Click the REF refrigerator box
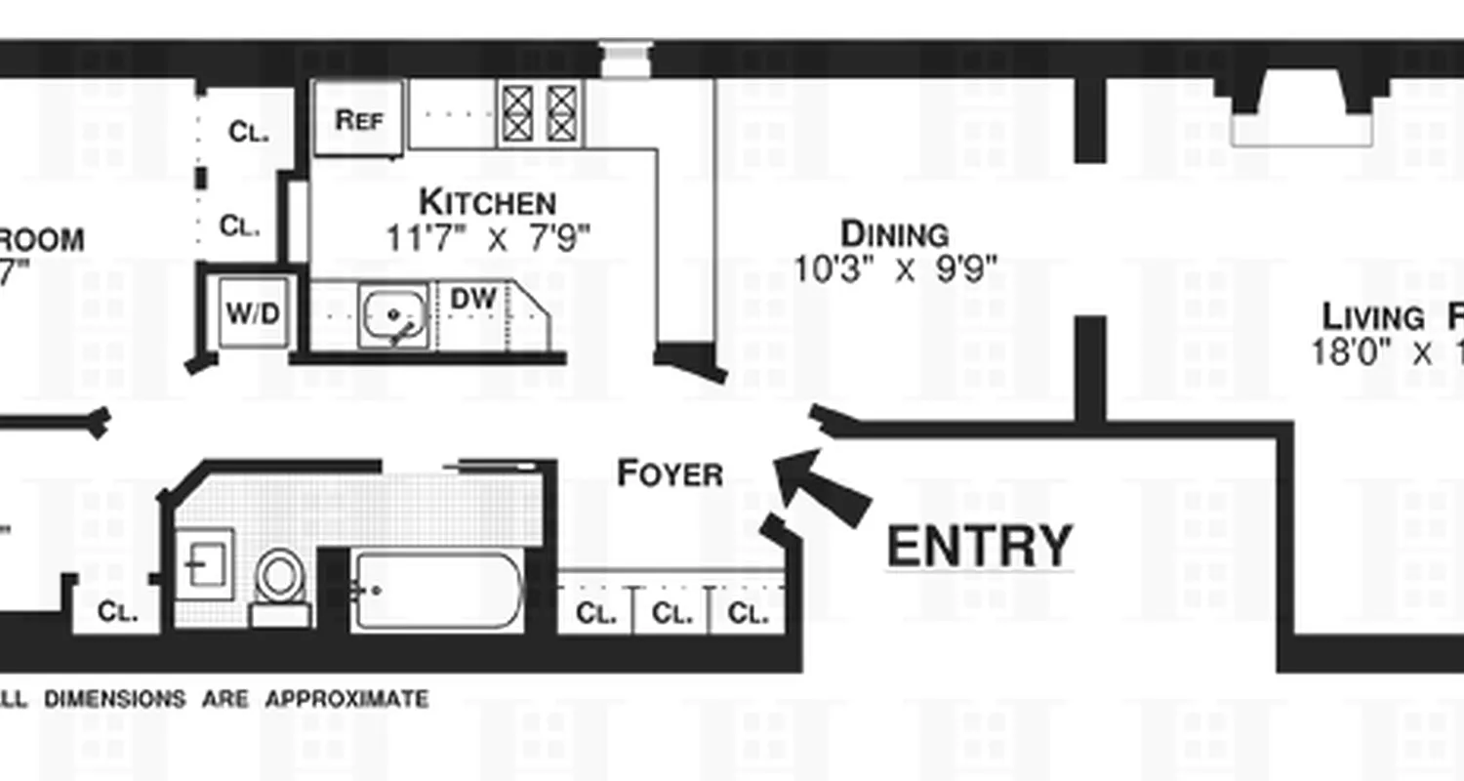pos(358,118)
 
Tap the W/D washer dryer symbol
pos(253,313)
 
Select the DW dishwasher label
pos(473,299)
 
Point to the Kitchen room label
pos(487,202)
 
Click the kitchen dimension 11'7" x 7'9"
pos(488,237)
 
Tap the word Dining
pos(894,234)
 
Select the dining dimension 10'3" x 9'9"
pos(894,268)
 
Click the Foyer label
pos(670,474)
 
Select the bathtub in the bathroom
pos(436,591)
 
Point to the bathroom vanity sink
pos(204,564)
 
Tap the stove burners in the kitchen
pos(540,113)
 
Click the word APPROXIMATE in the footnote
pos(346,700)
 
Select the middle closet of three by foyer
pos(671,614)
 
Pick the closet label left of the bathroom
pos(117,613)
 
